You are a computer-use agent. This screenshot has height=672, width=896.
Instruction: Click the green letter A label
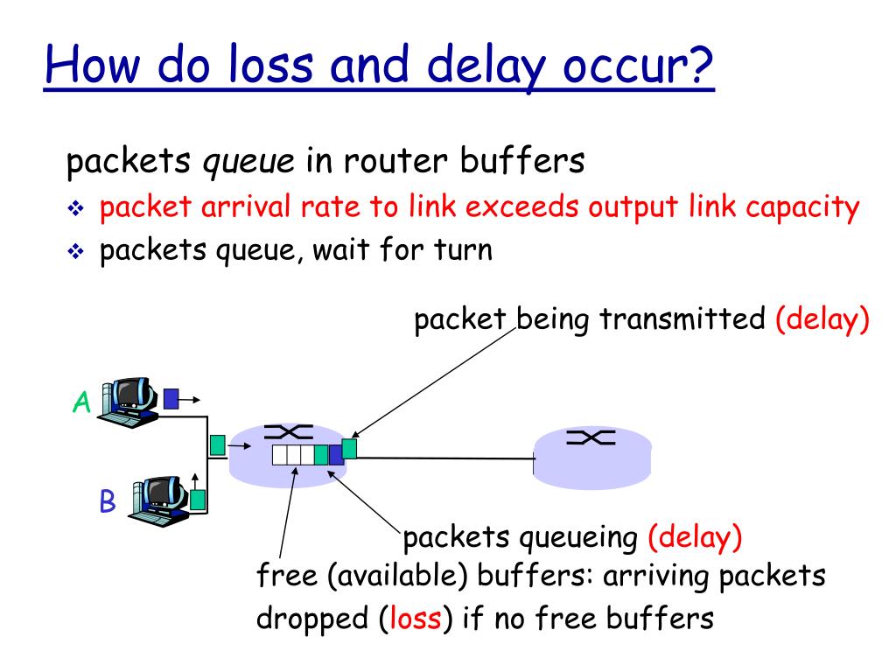click(x=81, y=402)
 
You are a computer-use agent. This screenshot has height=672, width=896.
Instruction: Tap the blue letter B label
click(x=108, y=501)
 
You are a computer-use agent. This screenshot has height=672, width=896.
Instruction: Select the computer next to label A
click(x=129, y=402)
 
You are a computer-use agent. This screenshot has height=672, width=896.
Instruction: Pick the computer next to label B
click(x=159, y=501)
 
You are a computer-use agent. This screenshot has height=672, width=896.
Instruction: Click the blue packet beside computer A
click(x=171, y=399)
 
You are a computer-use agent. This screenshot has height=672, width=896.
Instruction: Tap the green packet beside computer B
click(x=197, y=500)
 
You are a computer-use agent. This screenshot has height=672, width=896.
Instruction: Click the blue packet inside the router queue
click(x=336, y=455)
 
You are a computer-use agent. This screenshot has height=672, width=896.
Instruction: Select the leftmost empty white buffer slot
click(x=279, y=455)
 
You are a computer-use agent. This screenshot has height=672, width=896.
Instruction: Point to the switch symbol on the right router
click(x=591, y=437)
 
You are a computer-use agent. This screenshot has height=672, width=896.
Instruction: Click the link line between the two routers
click(x=445, y=458)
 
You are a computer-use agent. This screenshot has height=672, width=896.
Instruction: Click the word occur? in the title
click(x=638, y=65)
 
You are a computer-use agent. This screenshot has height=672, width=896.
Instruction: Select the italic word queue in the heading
click(x=248, y=162)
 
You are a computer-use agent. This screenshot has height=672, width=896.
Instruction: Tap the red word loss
click(x=415, y=619)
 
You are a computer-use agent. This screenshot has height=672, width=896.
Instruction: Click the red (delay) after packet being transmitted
click(x=822, y=318)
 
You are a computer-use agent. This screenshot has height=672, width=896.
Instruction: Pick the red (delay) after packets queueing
click(x=695, y=537)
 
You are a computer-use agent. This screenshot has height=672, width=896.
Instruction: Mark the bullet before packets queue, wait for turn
click(x=75, y=251)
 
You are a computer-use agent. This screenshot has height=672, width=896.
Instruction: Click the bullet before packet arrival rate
click(x=75, y=208)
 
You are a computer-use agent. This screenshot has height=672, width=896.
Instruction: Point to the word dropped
click(x=312, y=619)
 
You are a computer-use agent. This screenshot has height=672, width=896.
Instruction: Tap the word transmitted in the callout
click(x=682, y=318)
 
